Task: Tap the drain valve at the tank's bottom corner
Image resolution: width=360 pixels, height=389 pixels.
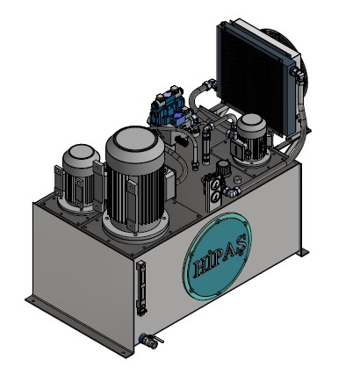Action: [151, 341]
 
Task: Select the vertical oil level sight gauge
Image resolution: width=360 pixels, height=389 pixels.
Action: [141, 288]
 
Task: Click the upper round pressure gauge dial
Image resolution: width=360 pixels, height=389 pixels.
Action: [216, 184]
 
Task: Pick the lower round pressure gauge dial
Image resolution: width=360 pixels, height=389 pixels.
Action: [215, 197]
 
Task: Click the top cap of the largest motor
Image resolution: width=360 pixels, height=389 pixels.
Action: [135, 142]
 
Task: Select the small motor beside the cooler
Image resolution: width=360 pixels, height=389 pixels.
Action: [251, 139]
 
